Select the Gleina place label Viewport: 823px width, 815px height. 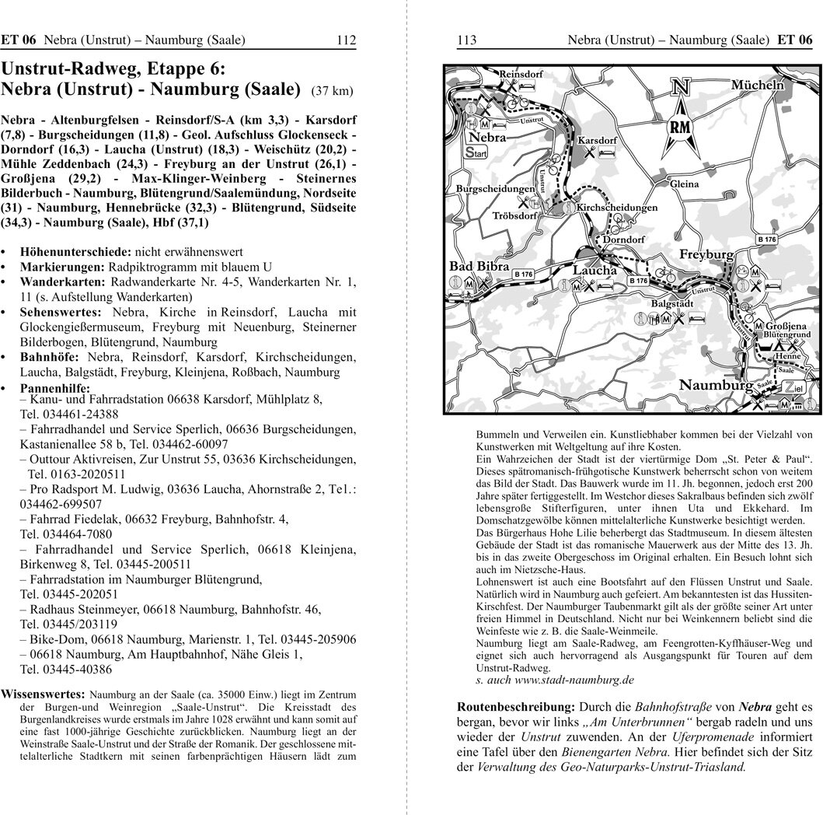point(684,184)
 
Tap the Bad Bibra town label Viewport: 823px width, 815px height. point(480,267)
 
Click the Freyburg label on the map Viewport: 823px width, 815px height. point(706,254)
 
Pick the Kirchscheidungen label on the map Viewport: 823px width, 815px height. point(617,208)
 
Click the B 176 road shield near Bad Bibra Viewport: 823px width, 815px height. point(523,274)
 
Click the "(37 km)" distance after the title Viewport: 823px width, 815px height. point(331,91)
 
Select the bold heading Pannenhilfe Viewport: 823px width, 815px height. point(55,387)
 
